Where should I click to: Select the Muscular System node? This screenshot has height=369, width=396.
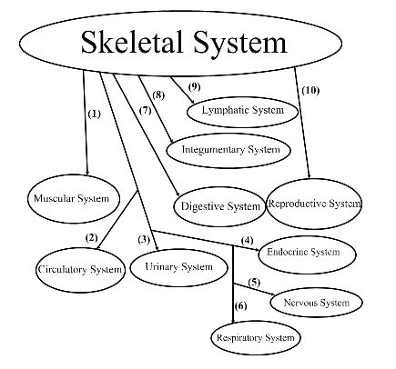click(x=71, y=198)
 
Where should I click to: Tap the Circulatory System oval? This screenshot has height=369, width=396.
click(x=79, y=268)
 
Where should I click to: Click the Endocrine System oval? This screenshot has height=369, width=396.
click(x=303, y=252)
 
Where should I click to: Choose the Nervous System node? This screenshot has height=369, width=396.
click(x=316, y=302)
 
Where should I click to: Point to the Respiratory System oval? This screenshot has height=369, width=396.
click(x=256, y=338)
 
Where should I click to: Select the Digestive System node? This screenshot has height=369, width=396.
click(x=218, y=205)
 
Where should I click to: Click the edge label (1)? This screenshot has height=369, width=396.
click(x=94, y=115)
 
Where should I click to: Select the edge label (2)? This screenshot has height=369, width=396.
click(x=91, y=238)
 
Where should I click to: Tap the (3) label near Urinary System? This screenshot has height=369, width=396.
click(x=143, y=239)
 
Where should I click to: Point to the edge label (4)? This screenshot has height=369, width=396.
click(x=246, y=239)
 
